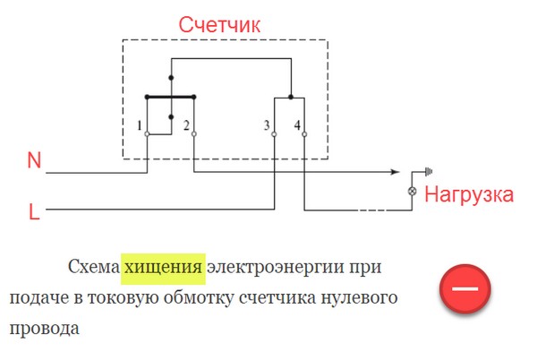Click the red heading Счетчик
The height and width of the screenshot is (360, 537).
point(219,25)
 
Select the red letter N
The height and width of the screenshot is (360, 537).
point(34,160)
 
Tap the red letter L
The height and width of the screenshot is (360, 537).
point(34,211)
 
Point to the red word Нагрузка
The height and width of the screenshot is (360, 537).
point(469,195)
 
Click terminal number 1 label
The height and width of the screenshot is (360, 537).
point(139,125)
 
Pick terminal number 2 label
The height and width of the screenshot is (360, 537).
point(186,125)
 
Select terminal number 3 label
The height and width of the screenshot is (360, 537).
point(267,125)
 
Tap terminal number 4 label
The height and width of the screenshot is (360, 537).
point(297,125)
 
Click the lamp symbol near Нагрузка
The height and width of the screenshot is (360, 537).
point(413,191)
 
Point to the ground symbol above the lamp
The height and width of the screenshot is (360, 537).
point(429,171)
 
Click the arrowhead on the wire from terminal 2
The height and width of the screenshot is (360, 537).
point(396,172)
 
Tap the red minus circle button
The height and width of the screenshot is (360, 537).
point(465,288)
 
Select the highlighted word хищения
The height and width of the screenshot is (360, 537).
point(163,267)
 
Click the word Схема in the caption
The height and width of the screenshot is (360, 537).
point(94,267)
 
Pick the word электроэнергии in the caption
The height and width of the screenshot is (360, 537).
point(276,268)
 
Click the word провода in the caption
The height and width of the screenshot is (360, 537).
point(45,329)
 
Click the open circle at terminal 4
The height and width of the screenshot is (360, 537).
point(304,134)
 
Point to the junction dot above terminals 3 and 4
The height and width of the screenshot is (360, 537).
point(291,98)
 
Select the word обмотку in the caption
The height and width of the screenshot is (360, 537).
point(199,297)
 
